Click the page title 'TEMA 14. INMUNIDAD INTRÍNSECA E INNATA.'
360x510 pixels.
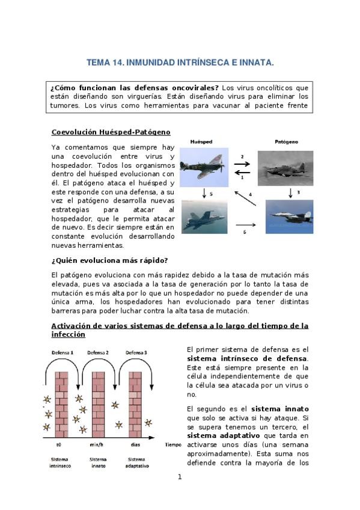[180, 63]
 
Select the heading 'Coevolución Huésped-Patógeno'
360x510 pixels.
[111, 132]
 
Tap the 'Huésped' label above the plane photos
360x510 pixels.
[201, 142]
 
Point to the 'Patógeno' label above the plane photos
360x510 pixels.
[286, 142]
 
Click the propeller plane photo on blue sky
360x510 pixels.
[204, 167]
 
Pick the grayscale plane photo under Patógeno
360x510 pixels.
[285, 168]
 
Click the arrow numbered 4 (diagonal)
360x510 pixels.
[245, 198]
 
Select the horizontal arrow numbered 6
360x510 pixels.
[246, 225]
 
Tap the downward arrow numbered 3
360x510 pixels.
[290, 193]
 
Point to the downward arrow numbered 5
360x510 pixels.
[204, 193]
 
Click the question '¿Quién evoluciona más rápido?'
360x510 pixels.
[109, 260]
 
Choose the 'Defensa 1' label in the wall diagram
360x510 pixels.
[63, 352]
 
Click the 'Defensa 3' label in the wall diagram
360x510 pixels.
[136, 352]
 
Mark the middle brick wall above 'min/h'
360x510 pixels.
[99, 405]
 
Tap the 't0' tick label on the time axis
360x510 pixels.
[59, 444]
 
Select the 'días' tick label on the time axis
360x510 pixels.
[135, 444]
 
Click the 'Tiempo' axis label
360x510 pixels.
[173, 444]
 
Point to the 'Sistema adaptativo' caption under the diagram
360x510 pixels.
[137, 462]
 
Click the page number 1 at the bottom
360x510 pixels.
[180, 477]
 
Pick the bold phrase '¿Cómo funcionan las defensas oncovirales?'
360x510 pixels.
[135, 88]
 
